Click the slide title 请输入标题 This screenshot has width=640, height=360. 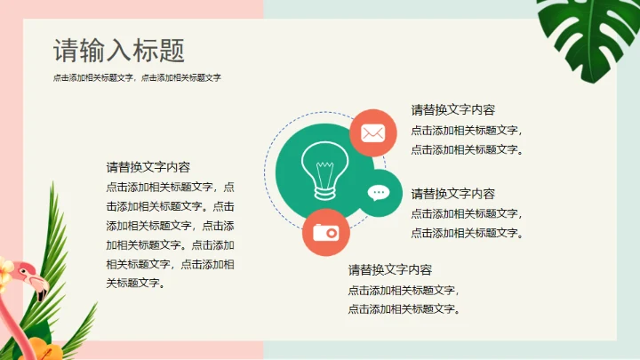click(x=119, y=51)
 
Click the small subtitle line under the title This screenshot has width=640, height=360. click(x=137, y=78)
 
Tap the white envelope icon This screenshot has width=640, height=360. click(x=372, y=133)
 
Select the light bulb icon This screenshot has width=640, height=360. click(x=319, y=170)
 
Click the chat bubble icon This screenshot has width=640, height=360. click(x=380, y=193)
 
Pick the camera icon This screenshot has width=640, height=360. click(x=325, y=232)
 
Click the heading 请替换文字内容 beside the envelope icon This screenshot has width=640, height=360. click(x=452, y=110)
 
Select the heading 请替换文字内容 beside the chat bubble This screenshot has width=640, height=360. click(x=452, y=194)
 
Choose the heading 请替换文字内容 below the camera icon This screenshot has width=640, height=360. click(x=389, y=270)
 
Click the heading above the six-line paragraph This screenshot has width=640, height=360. click(x=148, y=167)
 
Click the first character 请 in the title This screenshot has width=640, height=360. click(x=63, y=51)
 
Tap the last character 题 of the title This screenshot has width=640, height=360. click(x=174, y=51)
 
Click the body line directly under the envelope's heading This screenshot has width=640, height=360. click(x=467, y=130)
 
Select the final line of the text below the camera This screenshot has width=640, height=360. click(x=404, y=309)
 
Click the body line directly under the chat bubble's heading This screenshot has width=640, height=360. click(x=467, y=213)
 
